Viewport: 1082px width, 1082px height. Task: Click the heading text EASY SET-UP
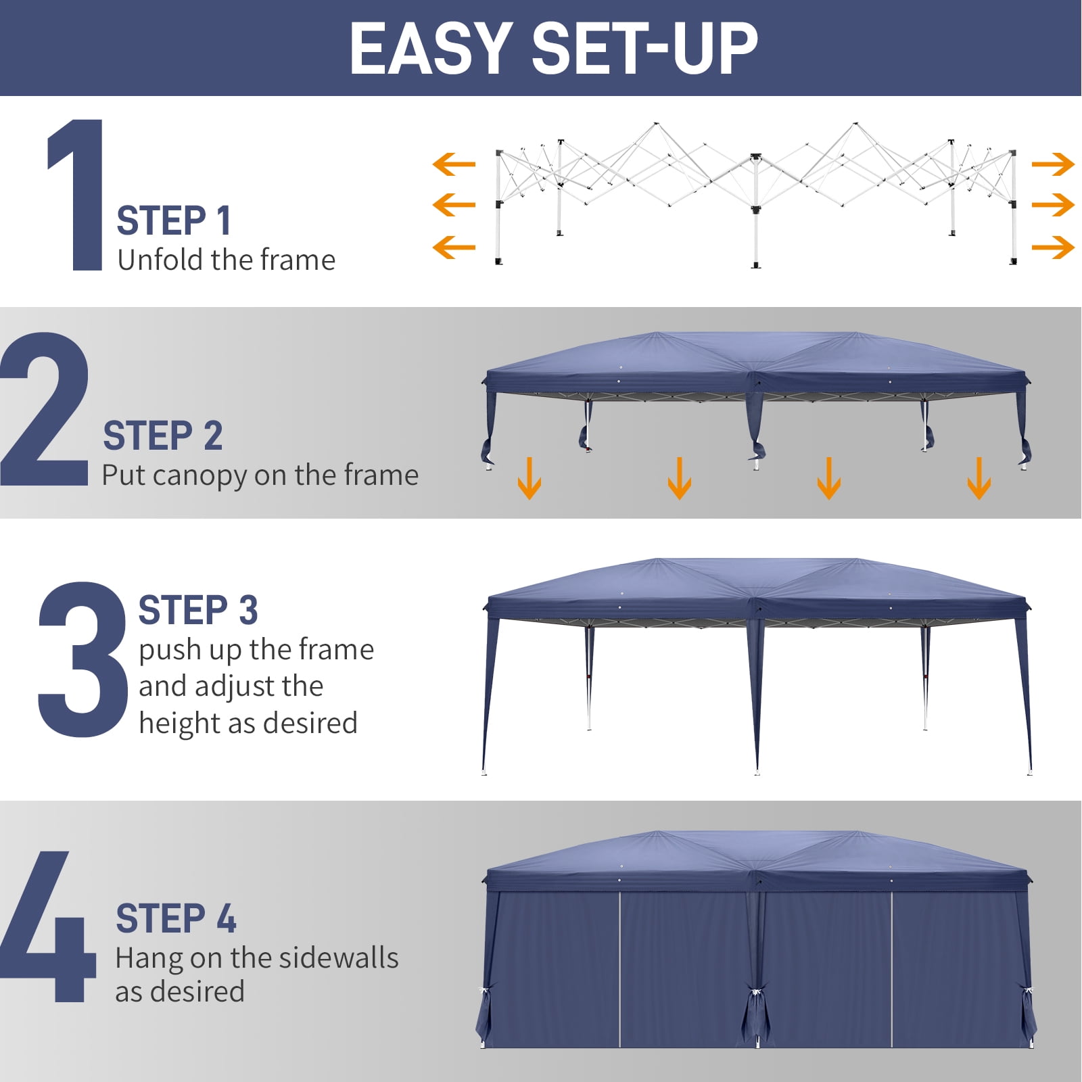click(553, 48)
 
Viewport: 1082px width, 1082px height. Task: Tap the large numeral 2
click(45, 409)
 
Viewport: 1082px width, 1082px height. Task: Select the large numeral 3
click(83, 659)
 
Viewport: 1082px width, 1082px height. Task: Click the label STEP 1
click(174, 221)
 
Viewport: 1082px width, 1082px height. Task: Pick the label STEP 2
click(162, 436)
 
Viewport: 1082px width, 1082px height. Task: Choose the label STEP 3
click(198, 610)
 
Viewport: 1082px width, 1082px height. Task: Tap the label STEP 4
click(176, 918)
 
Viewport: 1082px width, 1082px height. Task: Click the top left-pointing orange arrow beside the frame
click(454, 164)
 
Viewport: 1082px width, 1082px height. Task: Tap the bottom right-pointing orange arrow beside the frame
click(1053, 247)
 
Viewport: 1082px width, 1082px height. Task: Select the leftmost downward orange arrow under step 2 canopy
click(529, 478)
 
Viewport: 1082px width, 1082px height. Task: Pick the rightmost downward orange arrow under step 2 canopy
click(979, 478)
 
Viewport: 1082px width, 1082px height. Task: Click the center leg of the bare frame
click(756, 216)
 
